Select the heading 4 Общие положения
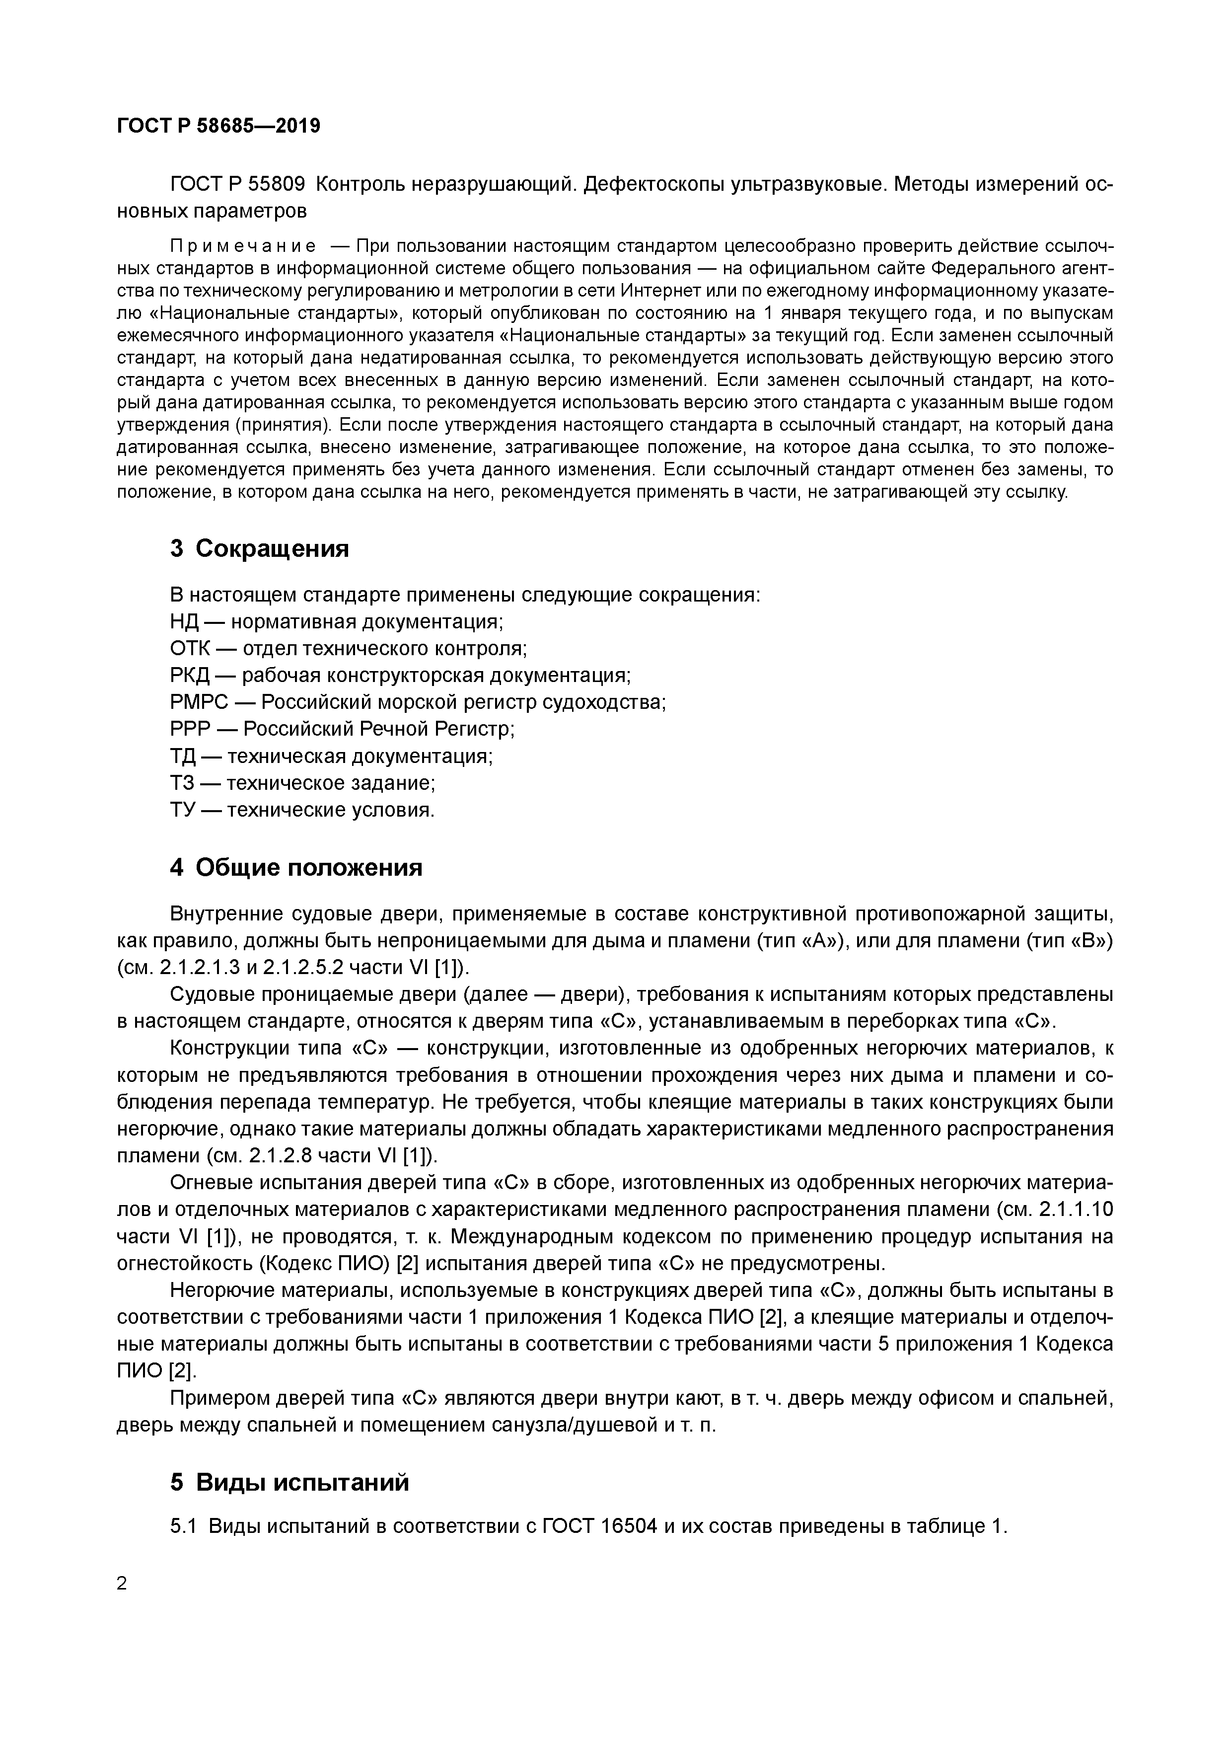tap(296, 867)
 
